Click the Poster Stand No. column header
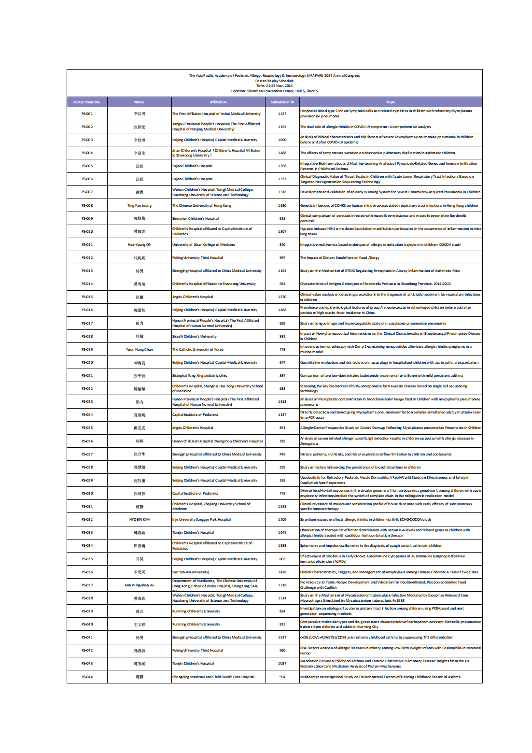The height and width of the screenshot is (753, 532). [87, 102]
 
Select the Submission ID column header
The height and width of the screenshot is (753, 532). [282, 102]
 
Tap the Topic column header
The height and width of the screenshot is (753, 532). [391, 102]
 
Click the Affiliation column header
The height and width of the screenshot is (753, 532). [218, 102]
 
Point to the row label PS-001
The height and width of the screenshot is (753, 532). [87, 114]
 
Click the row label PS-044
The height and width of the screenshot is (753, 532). [87, 677]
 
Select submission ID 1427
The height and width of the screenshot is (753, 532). [282, 114]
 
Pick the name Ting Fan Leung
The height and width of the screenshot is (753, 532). [139, 205]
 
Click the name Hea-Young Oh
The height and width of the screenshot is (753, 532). [139, 245]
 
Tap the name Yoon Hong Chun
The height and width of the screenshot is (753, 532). [139, 349]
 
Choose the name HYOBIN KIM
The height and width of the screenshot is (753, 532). [139, 520]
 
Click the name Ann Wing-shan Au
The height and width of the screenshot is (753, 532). [139, 585]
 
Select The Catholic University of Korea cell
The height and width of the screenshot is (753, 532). [198, 349]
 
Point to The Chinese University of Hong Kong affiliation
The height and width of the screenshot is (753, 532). [202, 205]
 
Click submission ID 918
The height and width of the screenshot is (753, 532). [282, 218]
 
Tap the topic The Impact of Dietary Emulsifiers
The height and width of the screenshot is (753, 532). [340, 258]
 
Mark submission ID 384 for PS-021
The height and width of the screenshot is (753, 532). [282, 375]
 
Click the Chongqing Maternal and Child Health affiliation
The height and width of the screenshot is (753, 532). [213, 677]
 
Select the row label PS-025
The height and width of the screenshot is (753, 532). [87, 427]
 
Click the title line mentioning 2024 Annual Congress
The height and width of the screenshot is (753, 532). [274, 75]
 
